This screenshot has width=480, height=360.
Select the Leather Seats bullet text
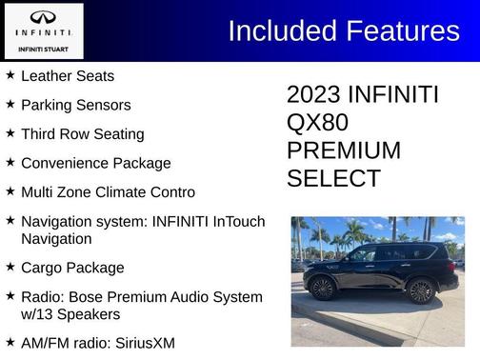[x=68, y=75]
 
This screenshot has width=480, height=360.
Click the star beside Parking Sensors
[x=10, y=104]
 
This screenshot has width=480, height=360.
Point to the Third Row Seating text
[x=83, y=134]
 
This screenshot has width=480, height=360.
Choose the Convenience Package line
[x=96, y=163]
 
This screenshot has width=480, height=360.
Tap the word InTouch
[x=239, y=221]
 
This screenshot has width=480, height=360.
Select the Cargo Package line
[x=72, y=268]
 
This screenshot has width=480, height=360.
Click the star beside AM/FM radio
[x=10, y=341]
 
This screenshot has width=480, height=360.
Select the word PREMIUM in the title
[x=344, y=150]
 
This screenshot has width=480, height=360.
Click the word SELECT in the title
[x=333, y=178]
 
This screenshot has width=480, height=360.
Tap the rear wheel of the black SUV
[x=422, y=290]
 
